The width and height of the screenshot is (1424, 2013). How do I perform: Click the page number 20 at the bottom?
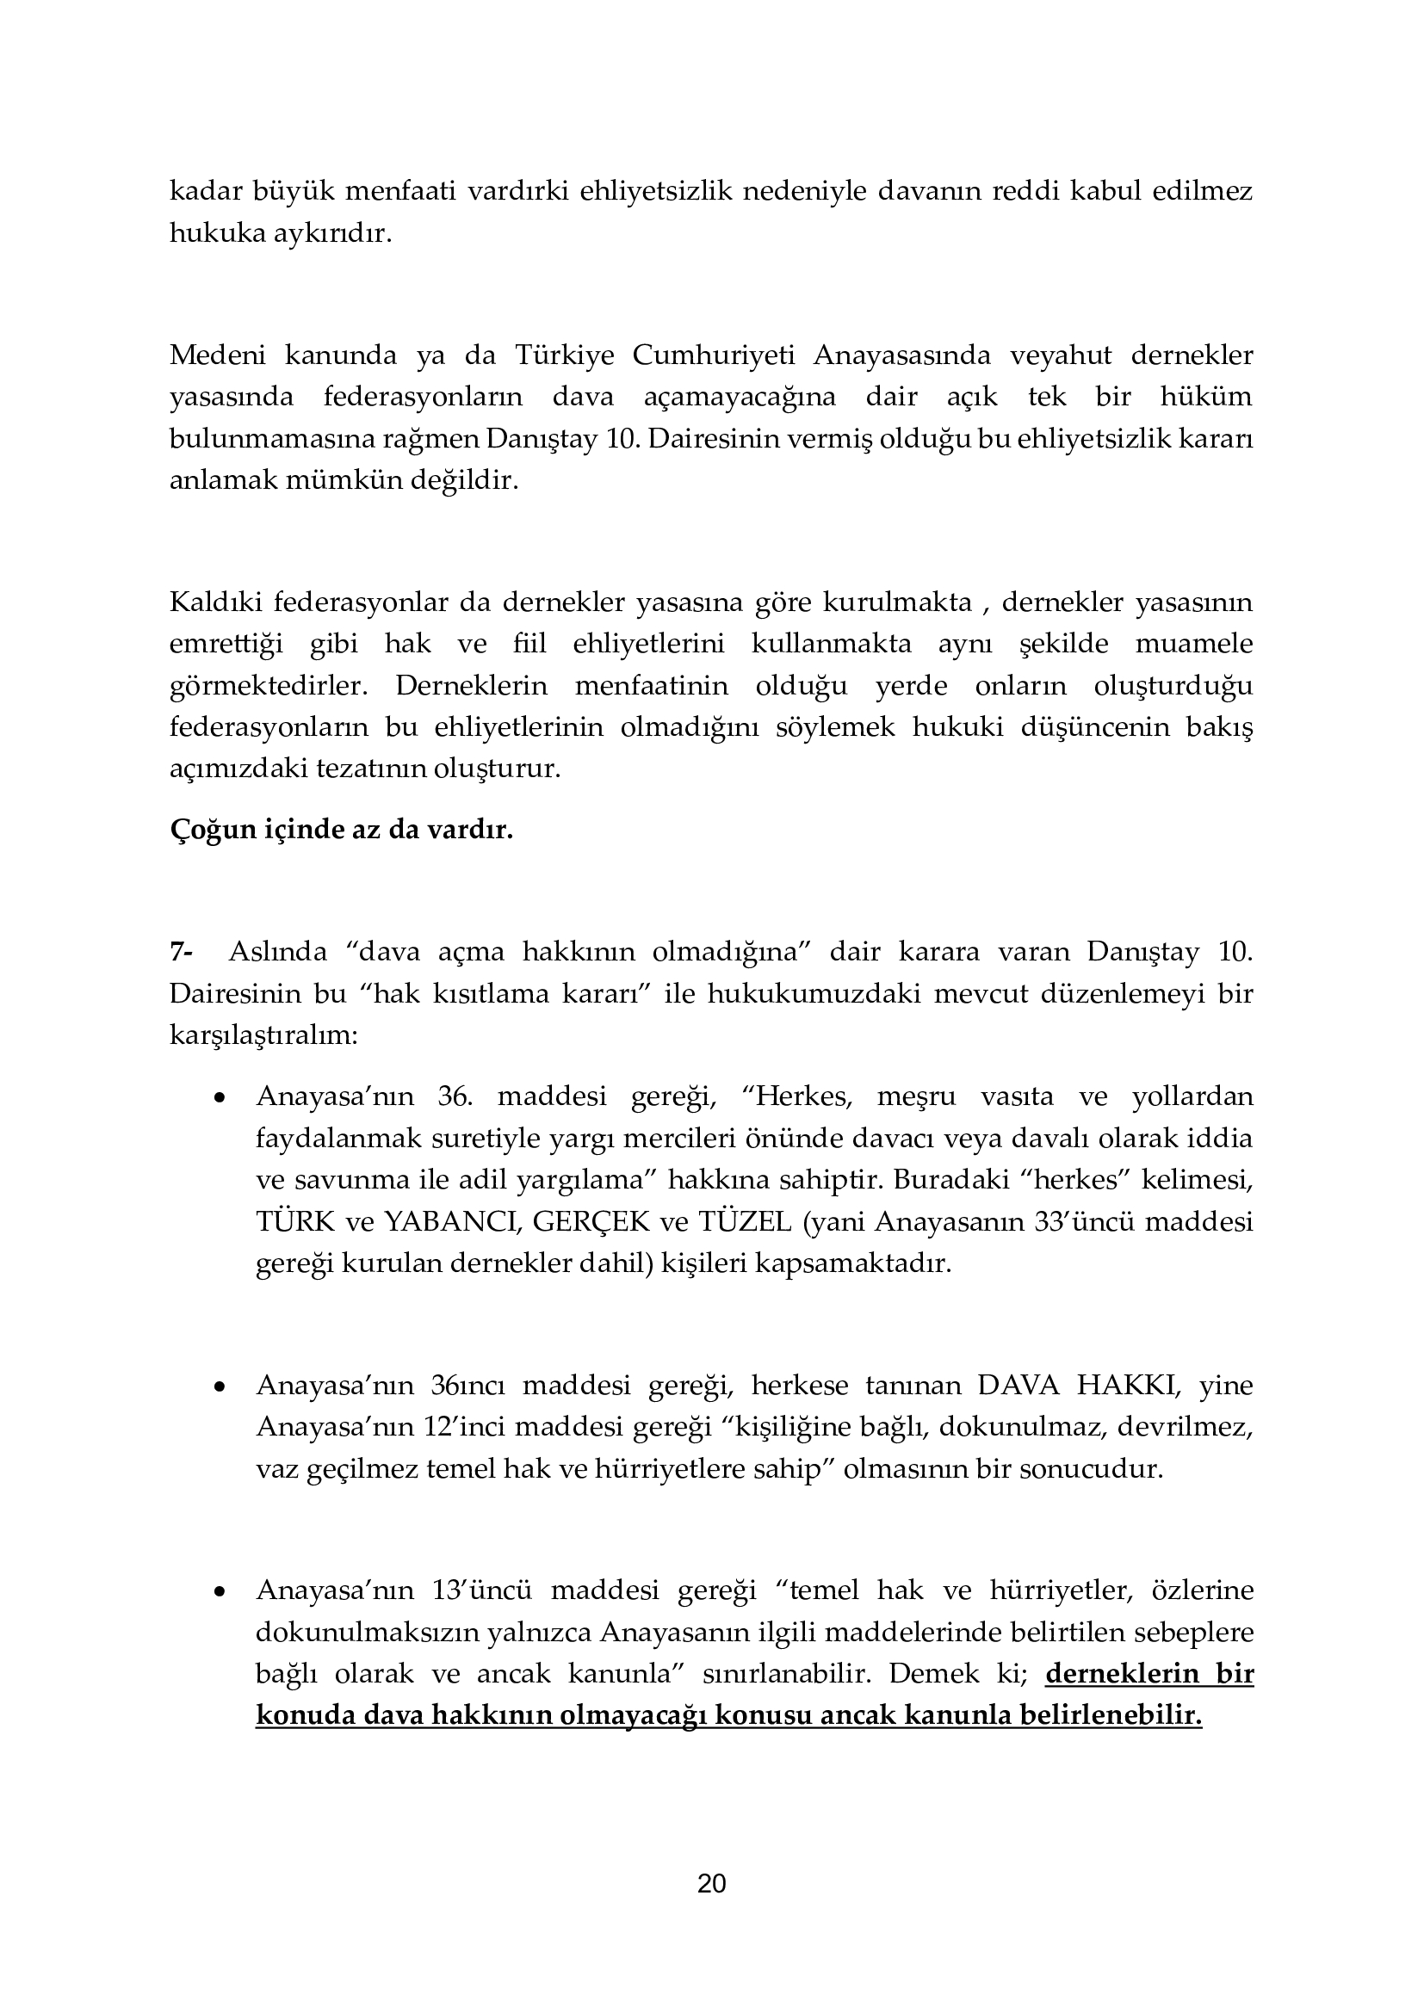coord(711,1883)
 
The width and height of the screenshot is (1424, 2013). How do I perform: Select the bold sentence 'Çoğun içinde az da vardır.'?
coord(341,830)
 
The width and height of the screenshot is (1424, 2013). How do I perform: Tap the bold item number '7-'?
coord(182,951)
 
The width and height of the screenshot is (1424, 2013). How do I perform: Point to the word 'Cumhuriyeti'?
coord(714,355)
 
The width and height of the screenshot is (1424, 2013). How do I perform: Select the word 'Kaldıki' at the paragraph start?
coord(211,602)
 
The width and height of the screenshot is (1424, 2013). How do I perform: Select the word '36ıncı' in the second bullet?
coord(467,1386)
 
